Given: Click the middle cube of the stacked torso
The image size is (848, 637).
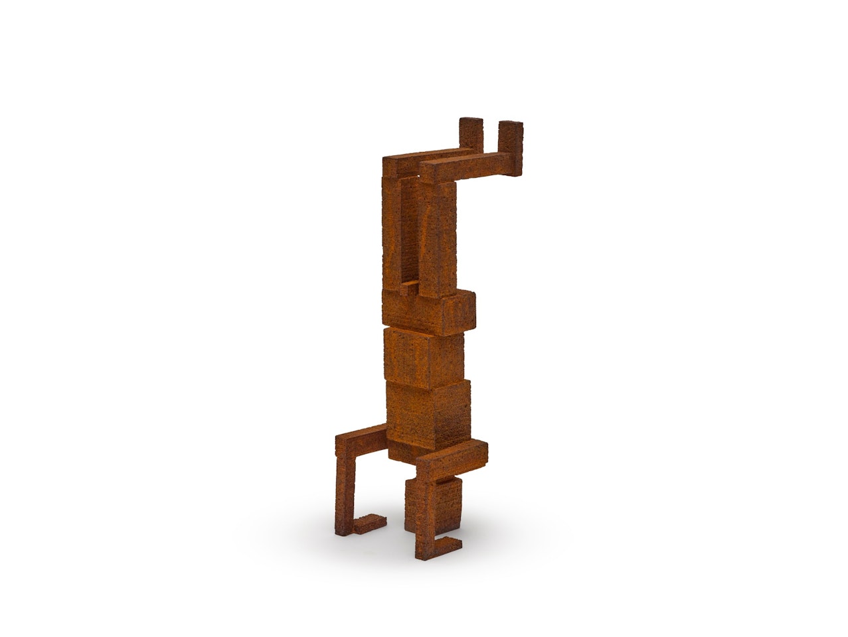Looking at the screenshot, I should tap(423, 358).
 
